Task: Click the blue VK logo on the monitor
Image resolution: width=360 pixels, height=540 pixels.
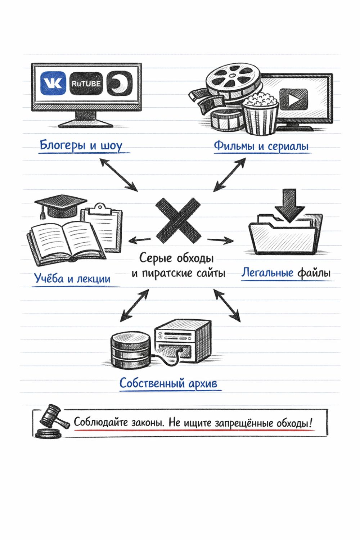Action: pyautogui.click(x=53, y=84)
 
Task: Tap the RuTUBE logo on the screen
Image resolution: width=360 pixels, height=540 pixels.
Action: pyautogui.click(x=86, y=84)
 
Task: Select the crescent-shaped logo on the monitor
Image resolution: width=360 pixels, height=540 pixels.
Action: pyautogui.click(x=120, y=84)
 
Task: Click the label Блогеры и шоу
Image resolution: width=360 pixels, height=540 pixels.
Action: pyautogui.click(x=81, y=145)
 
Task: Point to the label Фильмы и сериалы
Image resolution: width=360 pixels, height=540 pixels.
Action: pyautogui.click(x=261, y=146)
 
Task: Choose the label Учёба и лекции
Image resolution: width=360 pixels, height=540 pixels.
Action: pyautogui.click(x=72, y=278)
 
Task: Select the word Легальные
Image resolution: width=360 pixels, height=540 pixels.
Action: pyautogui.click(x=267, y=273)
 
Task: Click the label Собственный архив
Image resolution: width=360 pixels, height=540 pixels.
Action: pyautogui.click(x=168, y=383)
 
